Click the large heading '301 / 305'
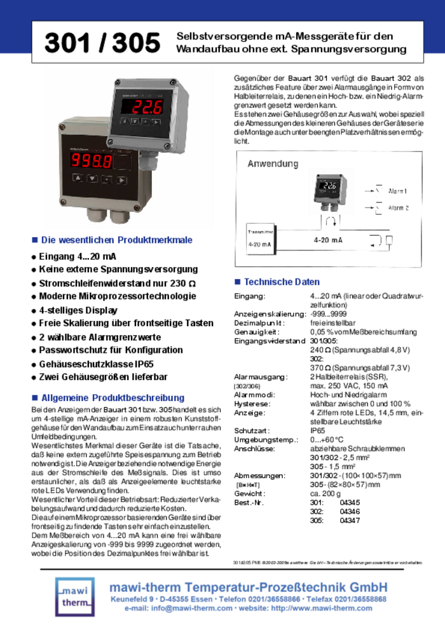click(102, 43)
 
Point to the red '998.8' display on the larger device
click(92, 161)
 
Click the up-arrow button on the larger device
click(77, 179)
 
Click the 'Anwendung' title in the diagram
click(273, 163)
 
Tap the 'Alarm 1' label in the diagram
click(398, 191)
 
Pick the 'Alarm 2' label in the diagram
click(398, 207)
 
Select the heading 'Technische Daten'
click(282, 282)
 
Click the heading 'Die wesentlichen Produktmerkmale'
click(116, 240)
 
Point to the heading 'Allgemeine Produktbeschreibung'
click(113, 397)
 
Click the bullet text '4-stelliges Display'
click(78, 310)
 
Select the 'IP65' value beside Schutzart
click(318, 430)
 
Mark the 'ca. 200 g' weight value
click(326, 493)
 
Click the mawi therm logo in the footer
click(74, 596)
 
